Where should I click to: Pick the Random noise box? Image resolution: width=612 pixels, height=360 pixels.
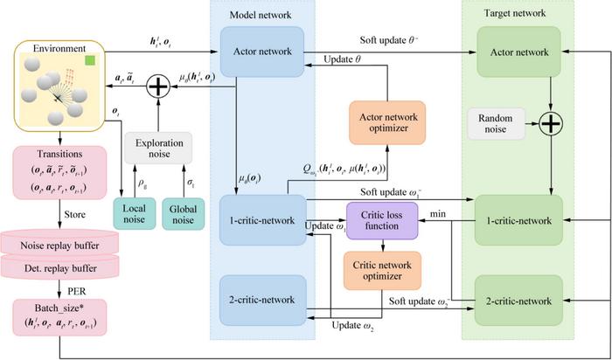[x=496, y=123]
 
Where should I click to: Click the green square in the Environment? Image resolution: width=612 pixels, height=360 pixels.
[x=90, y=60]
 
